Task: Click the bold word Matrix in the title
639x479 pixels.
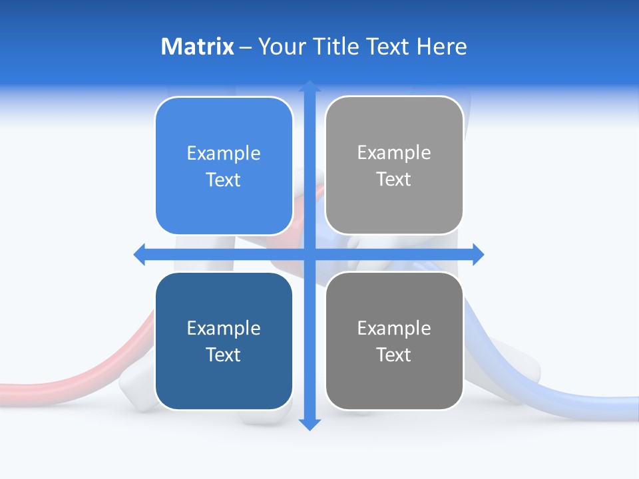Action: pos(197,47)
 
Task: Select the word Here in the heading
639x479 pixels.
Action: pos(441,47)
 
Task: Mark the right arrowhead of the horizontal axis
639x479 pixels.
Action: pos(478,254)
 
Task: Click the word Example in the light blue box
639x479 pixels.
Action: pos(224,154)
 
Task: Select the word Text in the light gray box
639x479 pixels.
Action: pos(394,180)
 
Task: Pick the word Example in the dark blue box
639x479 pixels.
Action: pos(224,329)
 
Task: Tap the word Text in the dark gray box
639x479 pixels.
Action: pos(394,355)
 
